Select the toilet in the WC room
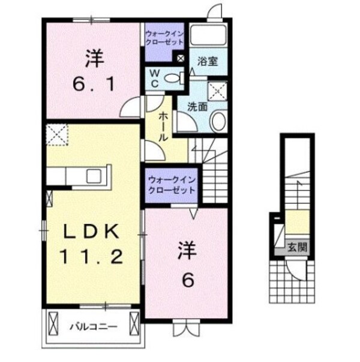175,77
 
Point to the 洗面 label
197,107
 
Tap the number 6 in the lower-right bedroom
188,280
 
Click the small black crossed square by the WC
180,58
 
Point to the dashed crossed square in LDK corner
58,134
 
